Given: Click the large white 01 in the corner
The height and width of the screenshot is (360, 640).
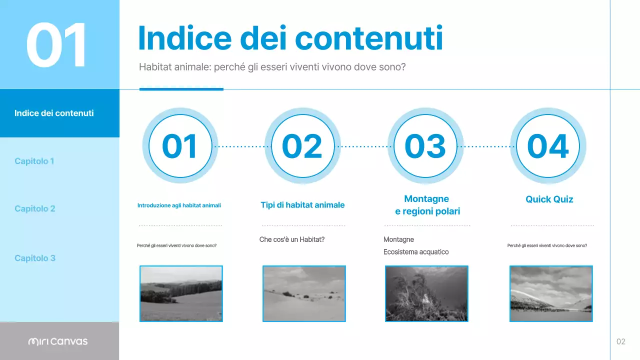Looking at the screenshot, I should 56,45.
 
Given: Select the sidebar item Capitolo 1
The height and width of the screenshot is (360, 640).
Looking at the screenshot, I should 34,161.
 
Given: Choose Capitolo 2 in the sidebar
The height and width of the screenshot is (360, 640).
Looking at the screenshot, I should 34,208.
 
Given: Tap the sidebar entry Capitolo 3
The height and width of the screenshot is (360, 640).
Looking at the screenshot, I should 34,258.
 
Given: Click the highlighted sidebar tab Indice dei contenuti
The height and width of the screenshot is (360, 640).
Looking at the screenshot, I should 54,113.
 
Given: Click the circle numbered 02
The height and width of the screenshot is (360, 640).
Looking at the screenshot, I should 302,146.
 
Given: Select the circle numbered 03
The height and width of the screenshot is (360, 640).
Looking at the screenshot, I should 425,146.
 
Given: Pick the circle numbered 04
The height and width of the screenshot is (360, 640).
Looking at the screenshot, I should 548,146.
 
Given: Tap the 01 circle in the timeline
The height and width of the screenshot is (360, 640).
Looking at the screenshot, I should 180,146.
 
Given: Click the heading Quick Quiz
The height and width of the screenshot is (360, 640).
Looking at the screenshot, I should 549,199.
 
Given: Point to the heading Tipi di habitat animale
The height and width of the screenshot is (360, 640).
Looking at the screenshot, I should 302,205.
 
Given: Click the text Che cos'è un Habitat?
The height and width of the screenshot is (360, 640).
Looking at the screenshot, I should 292,239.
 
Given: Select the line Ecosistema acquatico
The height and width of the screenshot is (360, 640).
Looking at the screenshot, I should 416,252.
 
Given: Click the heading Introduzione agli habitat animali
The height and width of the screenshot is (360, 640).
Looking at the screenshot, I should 179,205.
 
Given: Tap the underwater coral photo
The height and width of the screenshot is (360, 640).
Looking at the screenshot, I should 426,293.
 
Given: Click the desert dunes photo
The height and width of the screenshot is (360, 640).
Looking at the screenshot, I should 304,293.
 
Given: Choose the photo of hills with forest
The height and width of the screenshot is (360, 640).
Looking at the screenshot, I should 181,293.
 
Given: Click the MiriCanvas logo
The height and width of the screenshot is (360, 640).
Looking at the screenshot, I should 57,341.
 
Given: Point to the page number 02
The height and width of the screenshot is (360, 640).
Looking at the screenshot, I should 620,341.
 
